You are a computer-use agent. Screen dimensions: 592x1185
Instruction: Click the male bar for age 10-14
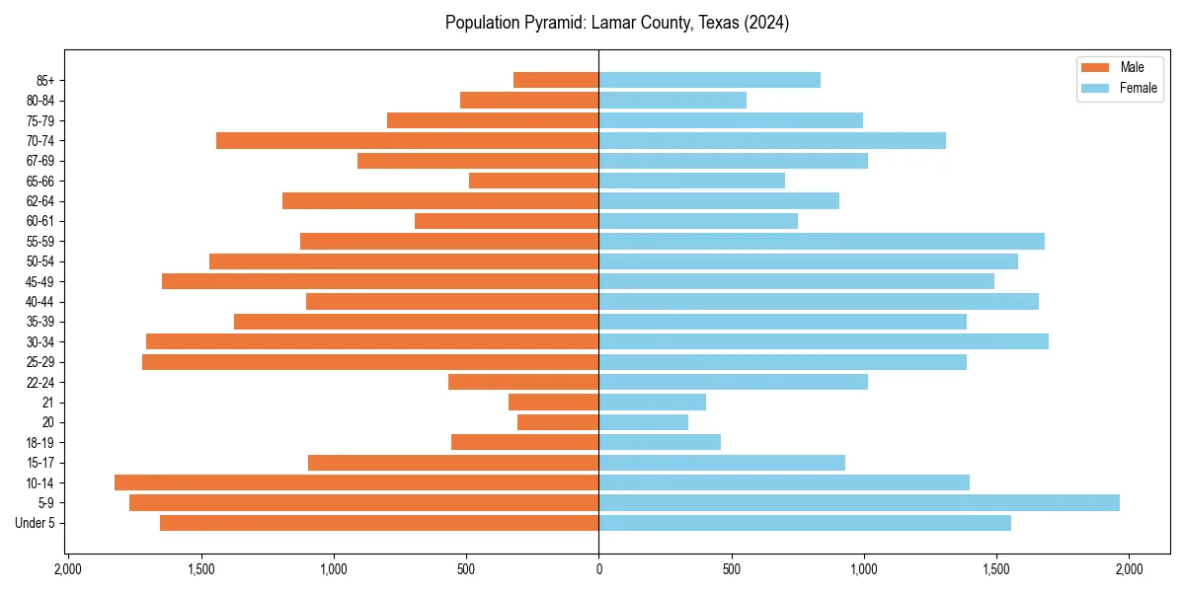tap(356, 482)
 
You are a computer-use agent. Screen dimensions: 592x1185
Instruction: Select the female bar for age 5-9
tap(859, 502)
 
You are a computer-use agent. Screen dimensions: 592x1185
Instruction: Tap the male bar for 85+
tap(556, 80)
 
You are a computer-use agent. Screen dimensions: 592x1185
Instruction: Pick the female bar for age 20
tap(643, 422)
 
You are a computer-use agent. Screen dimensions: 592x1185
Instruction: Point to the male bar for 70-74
tap(407, 141)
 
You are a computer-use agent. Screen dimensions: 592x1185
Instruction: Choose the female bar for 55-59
tap(822, 241)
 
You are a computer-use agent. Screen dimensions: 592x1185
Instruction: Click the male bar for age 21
tap(553, 402)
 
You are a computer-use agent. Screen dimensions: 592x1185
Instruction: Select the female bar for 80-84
tap(672, 100)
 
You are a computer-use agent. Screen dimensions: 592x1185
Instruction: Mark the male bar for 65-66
tap(533, 181)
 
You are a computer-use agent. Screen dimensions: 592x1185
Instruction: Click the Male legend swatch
tap(1095, 67)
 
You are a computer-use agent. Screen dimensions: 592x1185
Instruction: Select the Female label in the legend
tap(1138, 88)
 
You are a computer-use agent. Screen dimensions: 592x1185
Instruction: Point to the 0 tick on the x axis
tap(598, 569)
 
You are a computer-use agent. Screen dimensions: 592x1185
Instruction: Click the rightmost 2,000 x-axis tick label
tap(1129, 569)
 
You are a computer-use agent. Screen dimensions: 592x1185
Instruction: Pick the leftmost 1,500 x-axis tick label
tap(200, 569)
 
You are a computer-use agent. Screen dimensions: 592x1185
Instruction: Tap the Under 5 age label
tap(36, 523)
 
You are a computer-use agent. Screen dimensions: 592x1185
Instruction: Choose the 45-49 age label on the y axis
tap(39, 281)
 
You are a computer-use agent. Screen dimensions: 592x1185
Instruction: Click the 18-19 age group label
tap(39, 442)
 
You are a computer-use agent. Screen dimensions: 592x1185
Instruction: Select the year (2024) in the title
tap(766, 23)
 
